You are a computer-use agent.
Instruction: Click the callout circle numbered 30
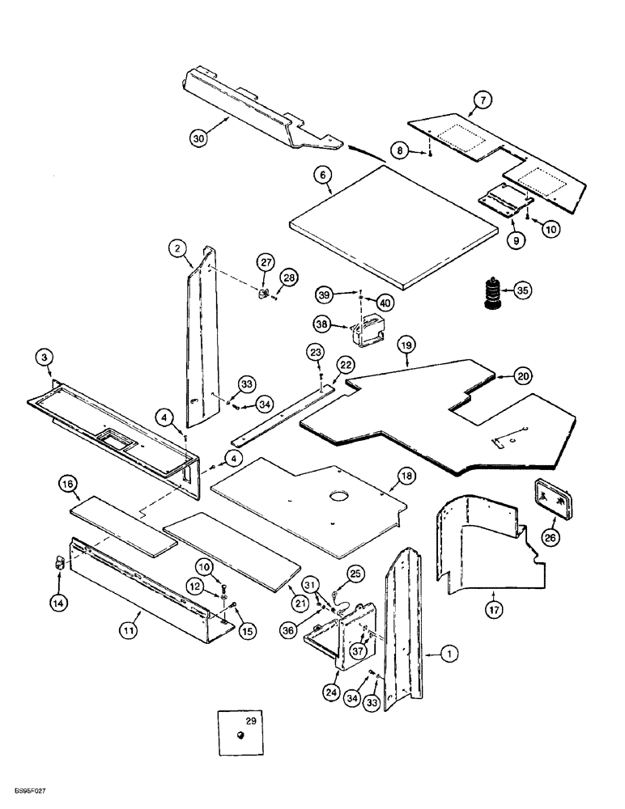198,138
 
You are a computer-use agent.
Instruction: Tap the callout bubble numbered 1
445,654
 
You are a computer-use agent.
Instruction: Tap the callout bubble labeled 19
406,345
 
